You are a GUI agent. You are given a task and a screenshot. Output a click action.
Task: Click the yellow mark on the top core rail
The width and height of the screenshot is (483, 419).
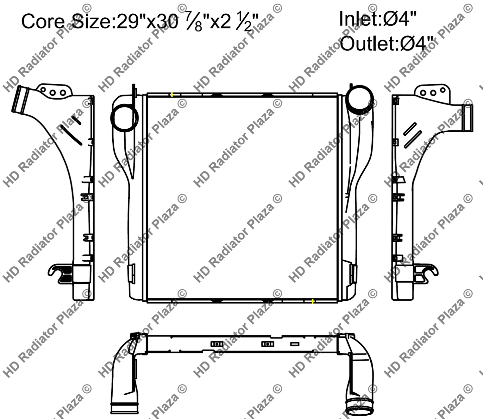click(x=171, y=95)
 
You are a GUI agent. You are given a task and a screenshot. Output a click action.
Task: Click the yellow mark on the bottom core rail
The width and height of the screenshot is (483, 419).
click(x=313, y=301)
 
